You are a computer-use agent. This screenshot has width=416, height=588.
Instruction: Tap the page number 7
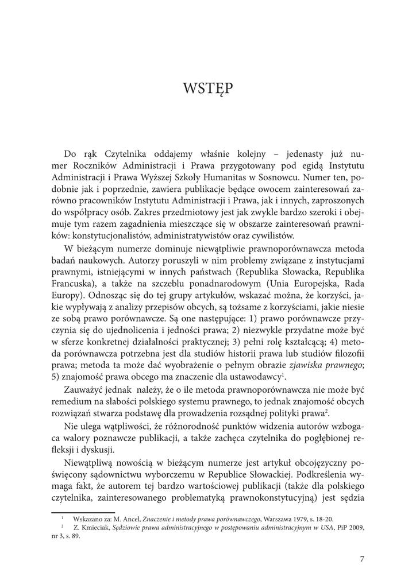(362, 559)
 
